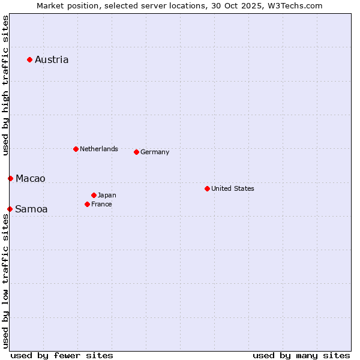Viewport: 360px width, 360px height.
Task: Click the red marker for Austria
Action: click(x=29, y=59)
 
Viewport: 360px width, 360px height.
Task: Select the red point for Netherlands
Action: click(x=76, y=149)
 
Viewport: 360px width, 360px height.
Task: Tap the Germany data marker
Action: click(x=136, y=152)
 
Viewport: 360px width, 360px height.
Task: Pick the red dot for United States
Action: click(x=207, y=188)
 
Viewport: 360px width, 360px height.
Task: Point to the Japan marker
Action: click(x=94, y=195)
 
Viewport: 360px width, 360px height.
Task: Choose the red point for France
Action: click(x=87, y=204)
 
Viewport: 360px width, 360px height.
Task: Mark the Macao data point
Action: click(x=10, y=178)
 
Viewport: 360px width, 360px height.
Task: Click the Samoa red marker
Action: click(x=10, y=209)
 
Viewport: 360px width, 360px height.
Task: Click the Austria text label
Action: click(x=52, y=59)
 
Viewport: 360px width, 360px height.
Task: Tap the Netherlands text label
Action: click(x=99, y=149)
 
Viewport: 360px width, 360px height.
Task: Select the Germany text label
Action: click(x=155, y=152)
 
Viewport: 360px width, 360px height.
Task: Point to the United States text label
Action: click(x=233, y=188)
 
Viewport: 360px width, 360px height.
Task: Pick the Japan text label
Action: click(x=107, y=195)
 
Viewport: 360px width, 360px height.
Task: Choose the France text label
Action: click(x=101, y=204)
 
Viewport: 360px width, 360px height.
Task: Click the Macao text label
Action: click(x=31, y=178)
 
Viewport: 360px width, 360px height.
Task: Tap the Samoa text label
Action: click(x=31, y=209)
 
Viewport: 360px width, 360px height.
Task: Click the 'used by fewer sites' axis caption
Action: click(x=62, y=355)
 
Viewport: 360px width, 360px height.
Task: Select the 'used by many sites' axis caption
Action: click(x=301, y=355)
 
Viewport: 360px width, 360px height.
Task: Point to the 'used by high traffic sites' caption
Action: click(x=5, y=86)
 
